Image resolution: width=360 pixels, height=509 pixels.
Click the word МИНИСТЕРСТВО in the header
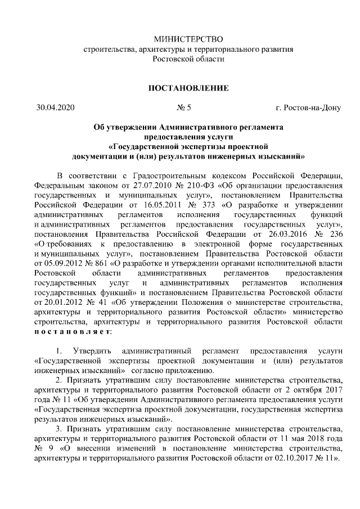[188, 39]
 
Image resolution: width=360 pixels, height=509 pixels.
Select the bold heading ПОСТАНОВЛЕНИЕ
[188, 88]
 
